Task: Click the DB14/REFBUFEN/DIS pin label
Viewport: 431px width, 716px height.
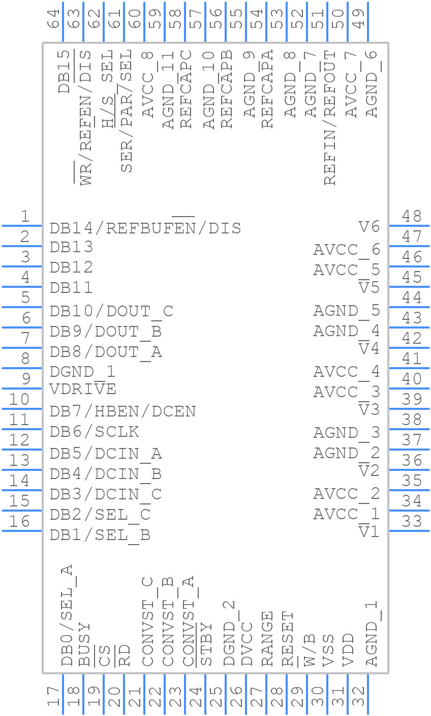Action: (x=145, y=228)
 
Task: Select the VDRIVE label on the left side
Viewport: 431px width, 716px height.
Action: (x=83, y=389)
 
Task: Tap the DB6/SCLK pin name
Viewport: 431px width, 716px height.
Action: (x=94, y=432)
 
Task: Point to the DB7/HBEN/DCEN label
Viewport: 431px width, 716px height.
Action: (x=122, y=411)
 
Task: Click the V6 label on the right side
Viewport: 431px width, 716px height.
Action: (x=369, y=226)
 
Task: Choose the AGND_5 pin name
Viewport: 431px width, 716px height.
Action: (x=346, y=310)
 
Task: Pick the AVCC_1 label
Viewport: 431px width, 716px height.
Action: (x=346, y=514)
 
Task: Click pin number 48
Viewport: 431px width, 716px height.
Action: (x=412, y=216)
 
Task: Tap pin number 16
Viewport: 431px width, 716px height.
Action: (x=19, y=521)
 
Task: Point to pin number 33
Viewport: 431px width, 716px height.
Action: (x=412, y=521)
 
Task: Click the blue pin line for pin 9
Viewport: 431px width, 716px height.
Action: (x=21, y=389)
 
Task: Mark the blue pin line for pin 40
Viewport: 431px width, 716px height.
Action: (x=409, y=389)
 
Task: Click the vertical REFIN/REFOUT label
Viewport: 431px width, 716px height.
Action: (x=330, y=117)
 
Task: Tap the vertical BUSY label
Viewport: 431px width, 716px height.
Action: (x=84, y=644)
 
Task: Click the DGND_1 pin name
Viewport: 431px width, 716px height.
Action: (x=82, y=371)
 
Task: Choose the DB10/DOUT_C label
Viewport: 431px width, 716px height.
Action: (x=111, y=311)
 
